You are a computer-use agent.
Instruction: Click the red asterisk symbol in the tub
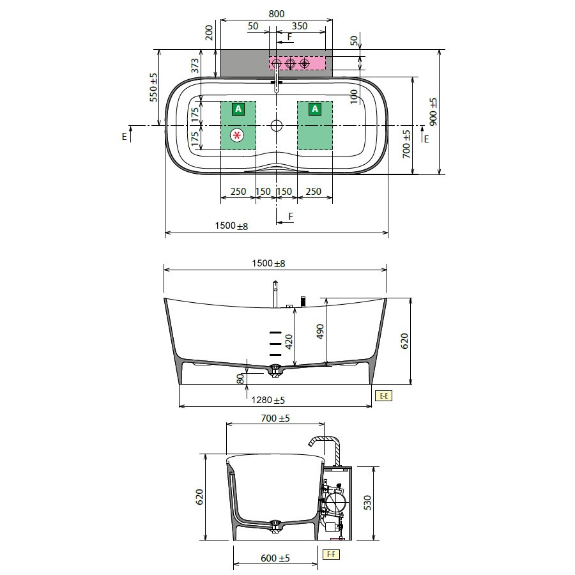tap(237, 135)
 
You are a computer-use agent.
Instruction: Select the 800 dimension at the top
tap(276, 14)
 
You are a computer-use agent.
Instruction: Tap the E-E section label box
tap(383, 395)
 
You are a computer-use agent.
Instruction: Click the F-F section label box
tap(331, 554)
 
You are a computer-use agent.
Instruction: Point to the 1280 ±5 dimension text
tap(268, 400)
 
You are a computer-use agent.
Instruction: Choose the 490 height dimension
tap(320, 332)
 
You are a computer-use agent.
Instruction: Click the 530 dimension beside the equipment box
tap(367, 502)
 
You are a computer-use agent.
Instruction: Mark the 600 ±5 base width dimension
tap(275, 558)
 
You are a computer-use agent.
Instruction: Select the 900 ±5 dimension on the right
tap(433, 112)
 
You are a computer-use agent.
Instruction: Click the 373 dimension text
tap(195, 66)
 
